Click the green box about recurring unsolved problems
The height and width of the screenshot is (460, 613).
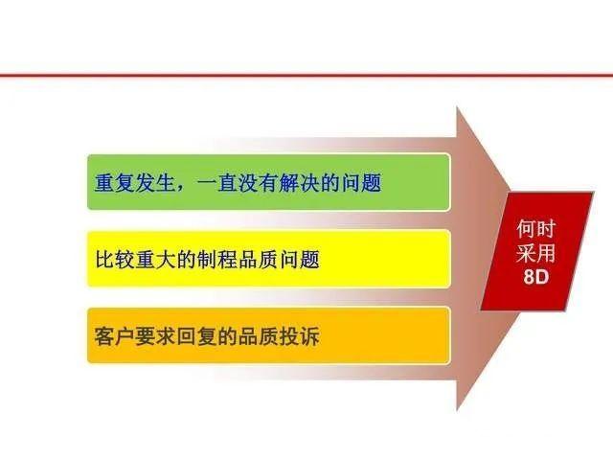tap(268, 182)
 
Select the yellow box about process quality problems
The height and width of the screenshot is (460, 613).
tap(268, 258)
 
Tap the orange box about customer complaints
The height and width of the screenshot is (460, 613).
tap(268, 334)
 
